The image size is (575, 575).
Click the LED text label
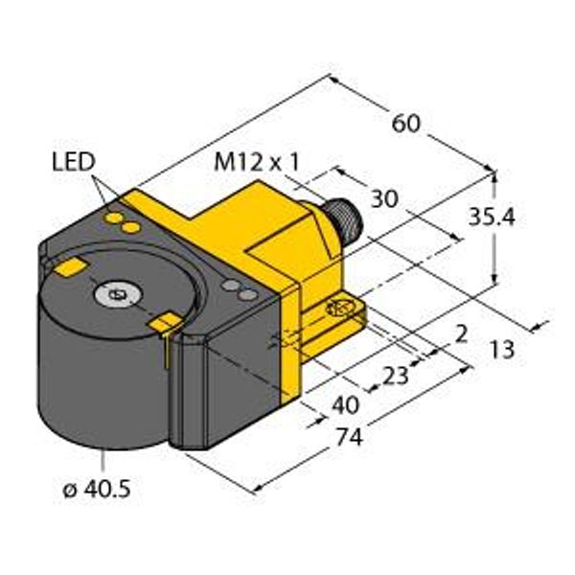pos(73,162)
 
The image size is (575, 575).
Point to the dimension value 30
pos(384,198)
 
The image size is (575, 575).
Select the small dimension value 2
pos(462,333)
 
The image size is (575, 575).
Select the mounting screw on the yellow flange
pos(337,309)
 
